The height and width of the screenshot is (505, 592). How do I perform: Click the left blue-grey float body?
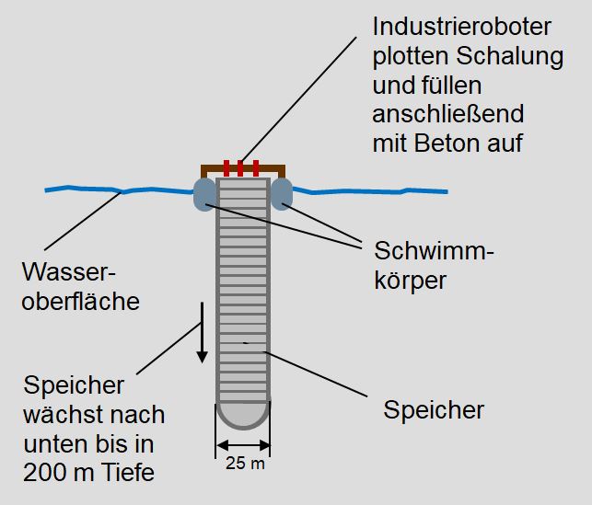[204, 194]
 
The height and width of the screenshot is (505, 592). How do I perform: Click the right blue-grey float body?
[281, 194]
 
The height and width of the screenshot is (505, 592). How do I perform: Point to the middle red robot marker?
[239, 168]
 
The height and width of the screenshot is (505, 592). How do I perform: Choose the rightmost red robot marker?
[255, 168]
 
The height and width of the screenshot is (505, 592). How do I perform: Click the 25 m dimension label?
[244, 463]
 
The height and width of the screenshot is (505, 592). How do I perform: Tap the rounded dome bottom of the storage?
[243, 415]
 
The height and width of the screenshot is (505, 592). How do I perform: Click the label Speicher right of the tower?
[434, 409]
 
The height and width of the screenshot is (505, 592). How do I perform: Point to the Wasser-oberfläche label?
[80, 286]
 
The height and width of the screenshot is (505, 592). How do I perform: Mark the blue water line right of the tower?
[368, 190]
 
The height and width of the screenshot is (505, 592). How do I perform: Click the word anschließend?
[447, 114]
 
